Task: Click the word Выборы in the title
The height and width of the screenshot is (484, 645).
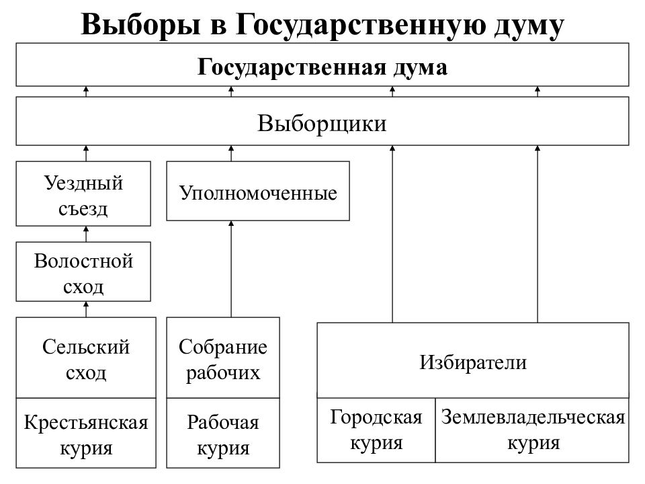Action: coord(141,25)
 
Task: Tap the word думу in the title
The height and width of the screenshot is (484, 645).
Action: coord(529,26)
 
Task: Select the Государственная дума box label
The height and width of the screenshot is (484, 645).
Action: coord(322,67)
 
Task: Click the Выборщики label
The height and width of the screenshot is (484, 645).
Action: coord(322,122)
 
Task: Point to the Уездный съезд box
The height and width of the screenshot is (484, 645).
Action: coord(83,194)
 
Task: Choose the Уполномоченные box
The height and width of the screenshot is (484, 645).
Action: coord(258,191)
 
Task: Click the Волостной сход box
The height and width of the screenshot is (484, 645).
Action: coord(83,272)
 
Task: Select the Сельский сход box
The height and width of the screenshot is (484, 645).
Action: coord(86,358)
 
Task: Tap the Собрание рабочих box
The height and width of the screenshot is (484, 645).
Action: coord(223,358)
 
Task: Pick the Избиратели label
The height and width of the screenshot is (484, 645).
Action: coord(473,362)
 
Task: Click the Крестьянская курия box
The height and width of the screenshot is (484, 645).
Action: coord(86,433)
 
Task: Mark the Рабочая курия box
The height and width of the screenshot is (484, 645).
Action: coord(223,433)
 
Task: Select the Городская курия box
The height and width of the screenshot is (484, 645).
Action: coord(376,430)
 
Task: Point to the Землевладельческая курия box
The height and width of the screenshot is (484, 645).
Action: coord(532,430)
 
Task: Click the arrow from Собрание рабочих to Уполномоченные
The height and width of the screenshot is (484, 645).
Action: coord(231,269)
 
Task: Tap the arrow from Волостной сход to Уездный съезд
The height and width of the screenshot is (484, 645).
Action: coord(86,234)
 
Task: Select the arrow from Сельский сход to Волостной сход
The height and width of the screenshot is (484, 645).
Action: coord(86,309)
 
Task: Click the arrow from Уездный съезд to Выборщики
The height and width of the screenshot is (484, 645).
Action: coord(86,153)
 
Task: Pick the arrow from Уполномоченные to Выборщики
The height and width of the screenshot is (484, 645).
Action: coord(231,153)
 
